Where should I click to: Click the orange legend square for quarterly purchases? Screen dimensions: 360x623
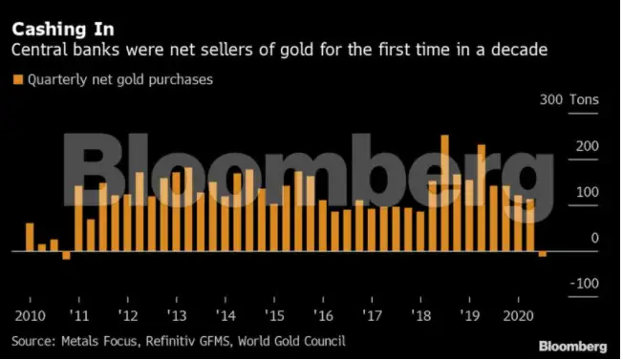coord(16,80)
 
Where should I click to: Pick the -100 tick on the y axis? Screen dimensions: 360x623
coord(583,284)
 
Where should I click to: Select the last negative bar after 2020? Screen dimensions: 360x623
coord(543,254)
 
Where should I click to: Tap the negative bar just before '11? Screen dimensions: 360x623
coord(66,255)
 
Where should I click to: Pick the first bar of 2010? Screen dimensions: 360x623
coord(30,237)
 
